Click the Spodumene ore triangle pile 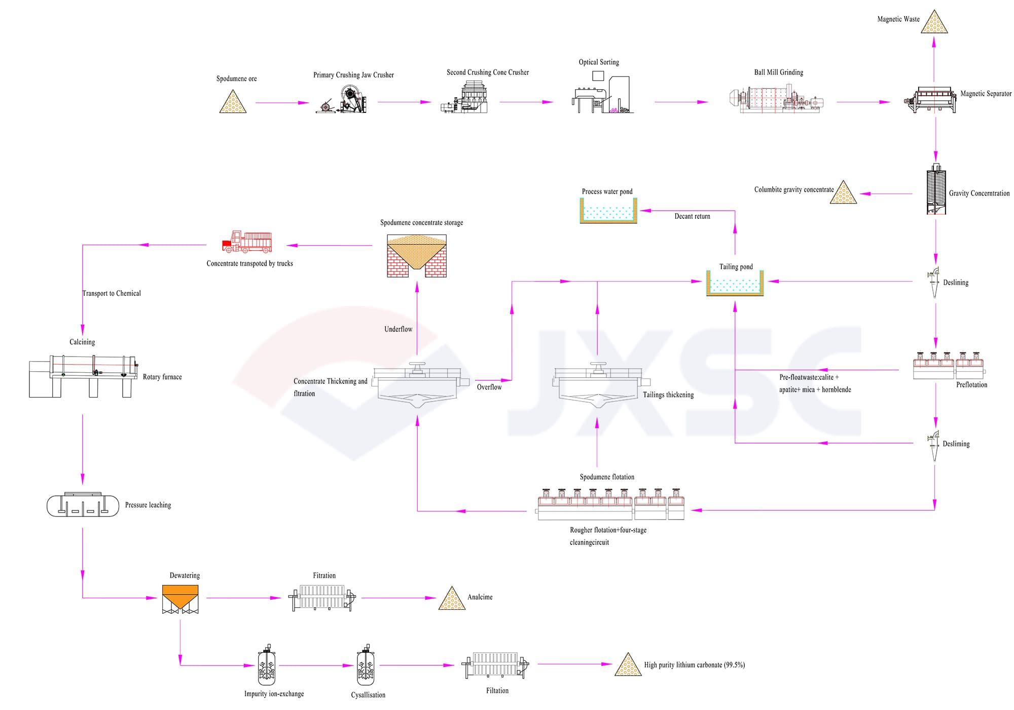click(233, 103)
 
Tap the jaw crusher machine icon click(342, 100)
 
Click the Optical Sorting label click(599, 62)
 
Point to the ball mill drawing click(776, 99)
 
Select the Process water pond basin click(608, 211)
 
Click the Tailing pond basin click(735, 284)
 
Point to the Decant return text click(692, 216)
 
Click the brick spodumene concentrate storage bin click(417, 256)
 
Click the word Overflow click(489, 387)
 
